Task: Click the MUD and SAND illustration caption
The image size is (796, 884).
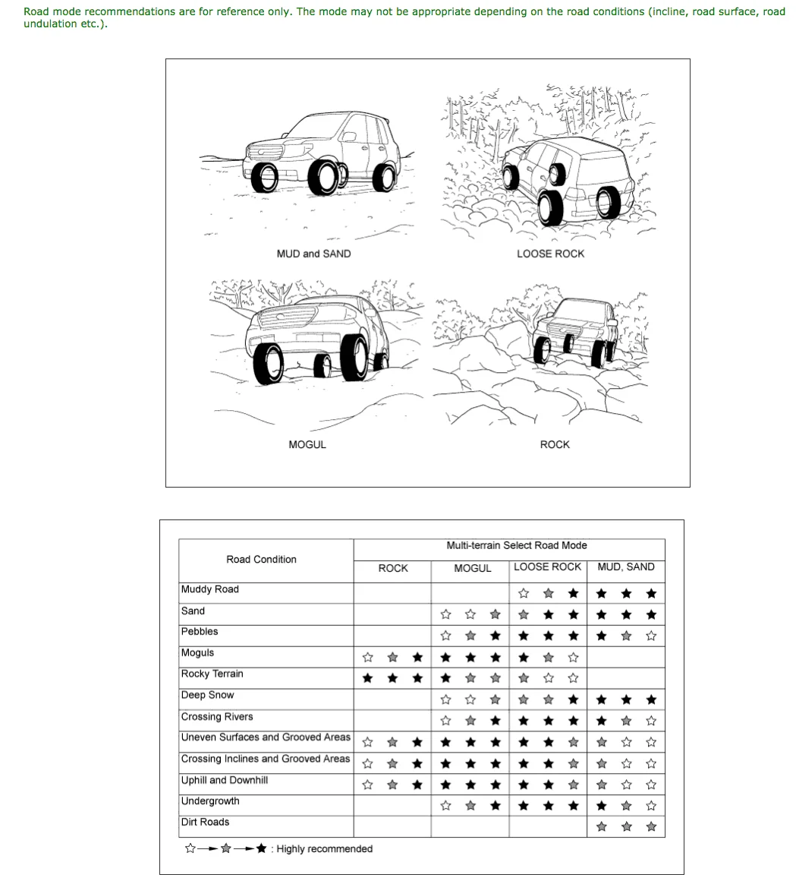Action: tap(313, 254)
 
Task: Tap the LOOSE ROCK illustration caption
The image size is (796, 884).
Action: tap(550, 254)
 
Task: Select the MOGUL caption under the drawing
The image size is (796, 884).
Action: tap(307, 444)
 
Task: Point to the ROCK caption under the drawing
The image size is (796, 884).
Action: tap(555, 444)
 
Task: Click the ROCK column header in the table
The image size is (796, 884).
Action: tap(392, 568)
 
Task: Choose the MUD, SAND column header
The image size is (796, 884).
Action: tap(625, 567)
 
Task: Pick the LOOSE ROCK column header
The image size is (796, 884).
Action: tap(547, 567)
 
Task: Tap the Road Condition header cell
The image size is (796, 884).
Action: tap(261, 560)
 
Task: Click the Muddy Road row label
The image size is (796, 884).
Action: tap(209, 589)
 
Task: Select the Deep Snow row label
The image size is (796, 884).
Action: tap(207, 695)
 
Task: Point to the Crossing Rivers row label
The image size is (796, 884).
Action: tap(217, 716)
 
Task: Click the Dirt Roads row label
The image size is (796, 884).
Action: tap(205, 822)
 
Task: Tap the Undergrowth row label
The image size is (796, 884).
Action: tap(210, 801)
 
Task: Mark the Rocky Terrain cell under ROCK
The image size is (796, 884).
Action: tap(392, 677)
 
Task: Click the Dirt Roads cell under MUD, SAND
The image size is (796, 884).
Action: tap(626, 827)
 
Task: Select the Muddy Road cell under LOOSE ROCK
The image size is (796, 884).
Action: tap(547, 593)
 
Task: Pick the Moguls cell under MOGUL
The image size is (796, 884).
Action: tap(470, 657)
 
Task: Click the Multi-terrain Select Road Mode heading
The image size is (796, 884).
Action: tap(517, 545)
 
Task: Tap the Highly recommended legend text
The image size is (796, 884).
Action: tap(325, 848)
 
